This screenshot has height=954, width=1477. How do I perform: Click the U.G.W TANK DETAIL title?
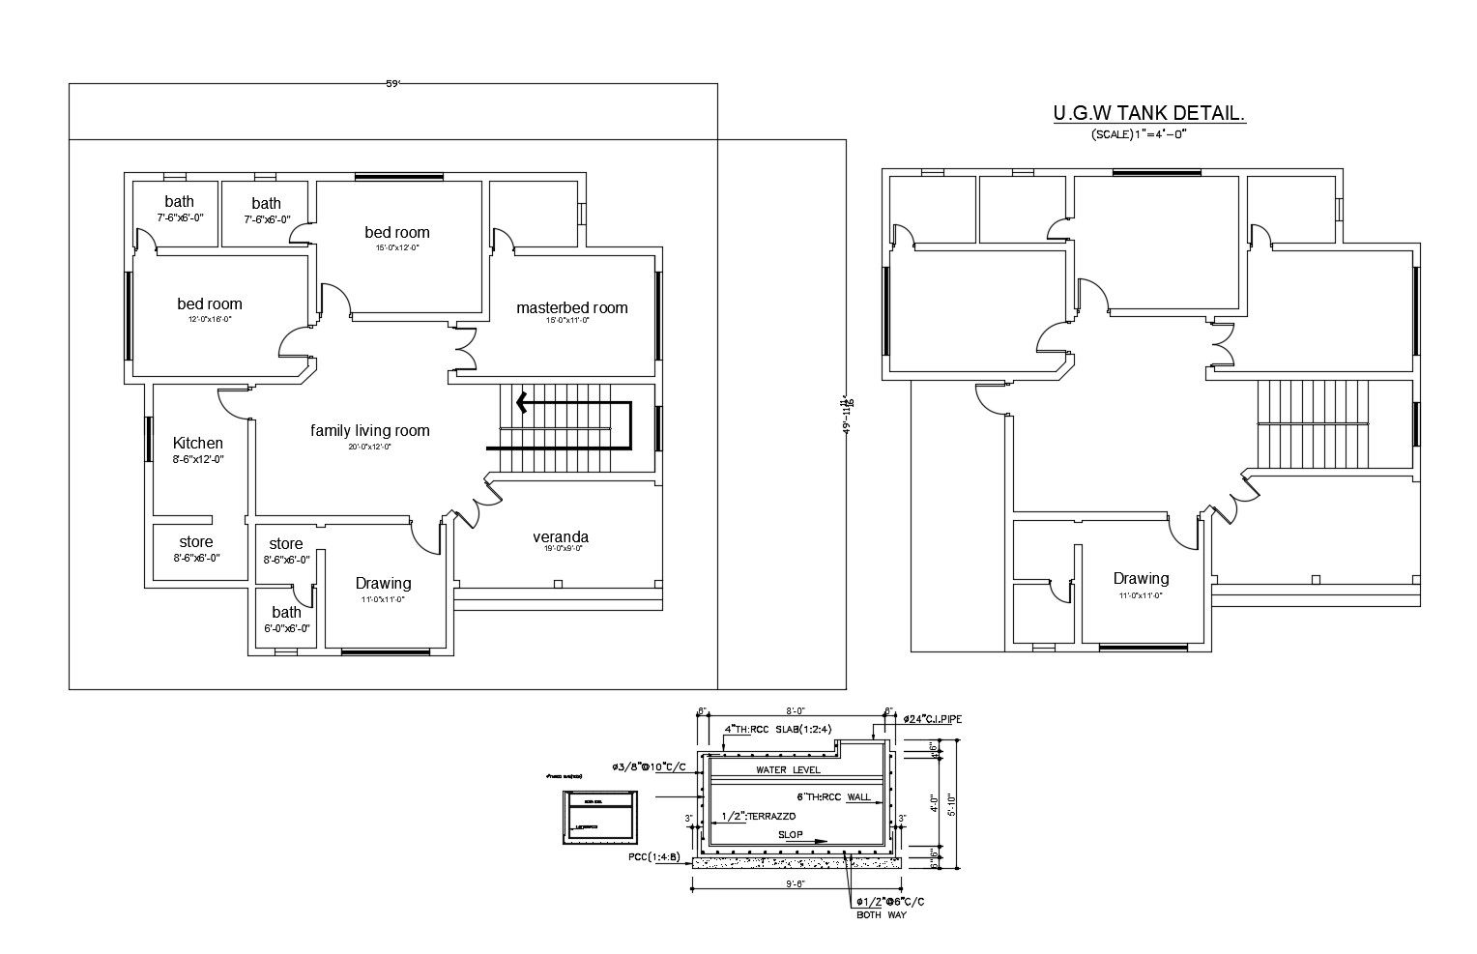pos(1148,114)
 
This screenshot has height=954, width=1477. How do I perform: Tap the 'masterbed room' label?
pos(571,308)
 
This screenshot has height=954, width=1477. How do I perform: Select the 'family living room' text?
pos(369,431)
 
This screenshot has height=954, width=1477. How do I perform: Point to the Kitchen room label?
pos(197,444)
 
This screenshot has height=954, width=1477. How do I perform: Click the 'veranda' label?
pos(561,537)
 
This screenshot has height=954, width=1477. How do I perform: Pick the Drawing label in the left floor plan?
pos(383,584)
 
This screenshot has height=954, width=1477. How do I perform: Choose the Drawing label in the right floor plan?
pos(1141,579)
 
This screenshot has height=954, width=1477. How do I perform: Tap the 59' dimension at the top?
pos(392,84)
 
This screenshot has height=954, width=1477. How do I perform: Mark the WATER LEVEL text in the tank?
pos(788,770)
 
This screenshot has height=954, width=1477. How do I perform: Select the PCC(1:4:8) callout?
pos(653,857)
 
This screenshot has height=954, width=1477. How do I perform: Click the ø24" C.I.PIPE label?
pos(932,719)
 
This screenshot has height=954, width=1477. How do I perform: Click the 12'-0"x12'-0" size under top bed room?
pos(397,248)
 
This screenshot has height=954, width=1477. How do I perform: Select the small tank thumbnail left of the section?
pos(599,818)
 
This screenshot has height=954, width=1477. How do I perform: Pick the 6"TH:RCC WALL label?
pos(832,797)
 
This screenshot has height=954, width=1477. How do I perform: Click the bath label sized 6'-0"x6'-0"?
pos(286,613)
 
